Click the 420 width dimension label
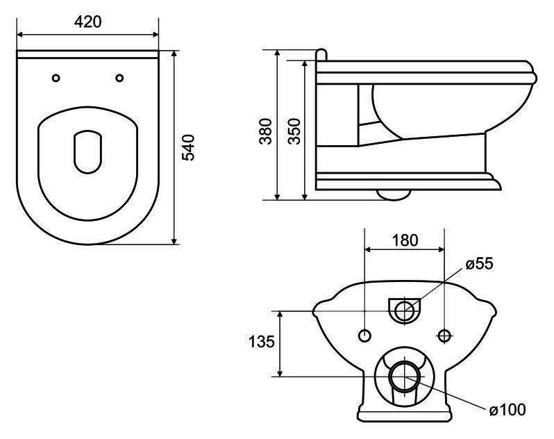[87, 22]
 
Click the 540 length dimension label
[188, 147]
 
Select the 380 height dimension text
[266, 131]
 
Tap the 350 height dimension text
[294, 131]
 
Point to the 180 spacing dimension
[405, 240]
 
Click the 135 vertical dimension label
[262, 342]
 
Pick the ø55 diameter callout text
[479, 264]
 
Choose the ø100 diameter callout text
[507, 410]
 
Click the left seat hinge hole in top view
[56, 78]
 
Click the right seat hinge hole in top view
[120, 78]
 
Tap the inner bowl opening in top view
[88, 152]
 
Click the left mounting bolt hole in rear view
[364, 336]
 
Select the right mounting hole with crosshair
[444, 336]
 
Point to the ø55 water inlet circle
[405, 311]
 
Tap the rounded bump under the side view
[394, 194]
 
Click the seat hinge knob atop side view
[321, 55]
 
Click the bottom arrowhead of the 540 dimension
[174, 241]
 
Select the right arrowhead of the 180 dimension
[441, 249]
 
